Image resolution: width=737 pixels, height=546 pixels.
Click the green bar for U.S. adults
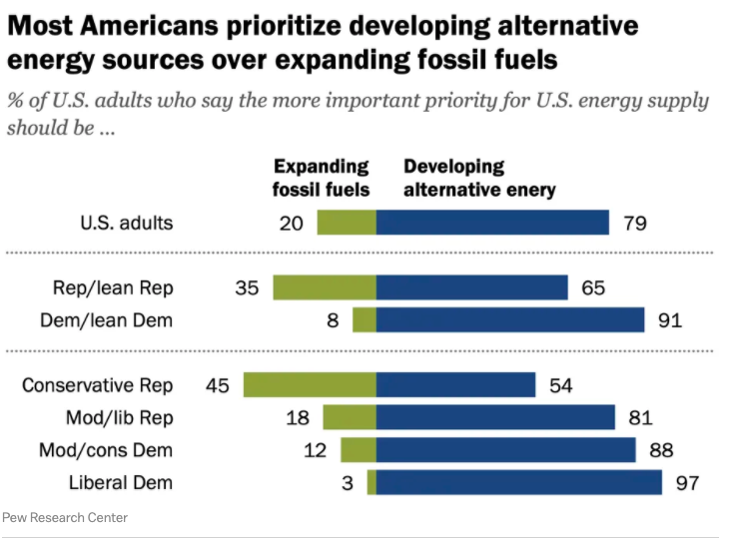347,222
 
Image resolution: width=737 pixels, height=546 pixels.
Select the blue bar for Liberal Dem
519,482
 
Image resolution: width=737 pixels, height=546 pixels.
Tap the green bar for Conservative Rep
310,384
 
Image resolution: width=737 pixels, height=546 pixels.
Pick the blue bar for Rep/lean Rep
471,287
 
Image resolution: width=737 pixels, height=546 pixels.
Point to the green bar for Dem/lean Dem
365,319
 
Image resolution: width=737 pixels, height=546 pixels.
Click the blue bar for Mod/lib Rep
495,417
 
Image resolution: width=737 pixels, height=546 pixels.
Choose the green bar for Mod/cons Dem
359,450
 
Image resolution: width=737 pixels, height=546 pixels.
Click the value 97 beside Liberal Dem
686,483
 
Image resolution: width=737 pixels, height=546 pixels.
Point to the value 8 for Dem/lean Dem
333,320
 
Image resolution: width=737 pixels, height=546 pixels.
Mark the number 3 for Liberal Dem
347,483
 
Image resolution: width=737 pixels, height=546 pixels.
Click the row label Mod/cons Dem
106,450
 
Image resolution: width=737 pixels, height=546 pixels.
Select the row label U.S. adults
126,223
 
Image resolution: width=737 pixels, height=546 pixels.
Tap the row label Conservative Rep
97,385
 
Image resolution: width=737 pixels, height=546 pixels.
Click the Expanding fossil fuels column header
322,178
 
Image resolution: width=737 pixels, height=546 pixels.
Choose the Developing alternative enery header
479,178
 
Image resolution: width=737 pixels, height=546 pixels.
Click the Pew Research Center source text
65,517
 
